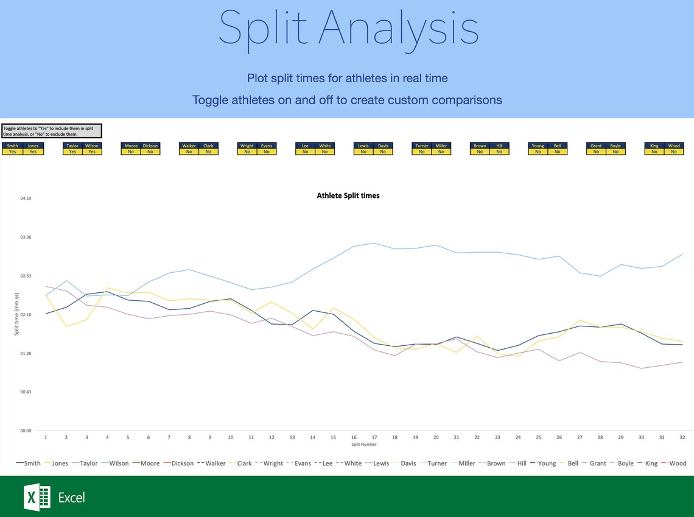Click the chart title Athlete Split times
348,195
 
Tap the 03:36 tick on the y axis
25,237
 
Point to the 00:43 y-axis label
25,392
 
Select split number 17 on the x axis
374,437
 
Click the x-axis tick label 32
682,437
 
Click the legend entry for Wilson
119,463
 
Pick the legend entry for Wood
678,463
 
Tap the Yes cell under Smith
13,152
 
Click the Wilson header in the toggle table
92,146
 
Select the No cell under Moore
131,152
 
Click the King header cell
654,146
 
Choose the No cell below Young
538,152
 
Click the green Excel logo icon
37,498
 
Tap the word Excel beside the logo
71,498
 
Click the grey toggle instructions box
51,131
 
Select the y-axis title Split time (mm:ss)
17,314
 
